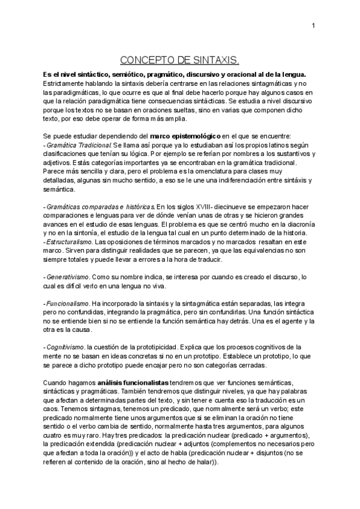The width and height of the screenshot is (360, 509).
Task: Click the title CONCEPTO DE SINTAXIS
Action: click(x=179, y=61)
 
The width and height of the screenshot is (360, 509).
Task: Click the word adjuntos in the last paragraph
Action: click(x=185, y=444)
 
